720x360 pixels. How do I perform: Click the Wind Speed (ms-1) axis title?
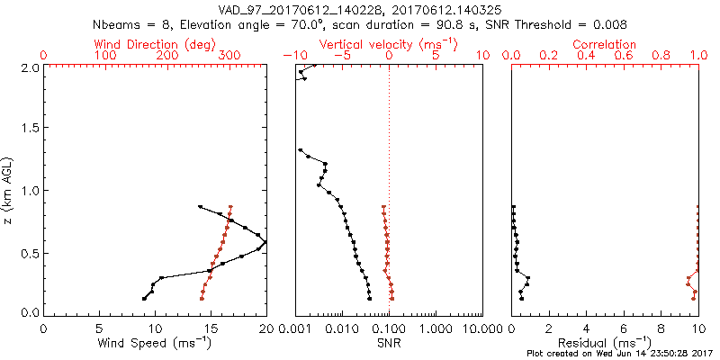click(155, 343)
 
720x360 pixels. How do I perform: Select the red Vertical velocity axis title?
click(389, 44)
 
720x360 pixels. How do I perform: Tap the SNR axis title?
click(389, 343)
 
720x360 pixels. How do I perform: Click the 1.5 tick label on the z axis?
click(32, 129)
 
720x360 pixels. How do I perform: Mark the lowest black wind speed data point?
click(144, 298)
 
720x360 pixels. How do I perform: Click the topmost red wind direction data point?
click(231, 206)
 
